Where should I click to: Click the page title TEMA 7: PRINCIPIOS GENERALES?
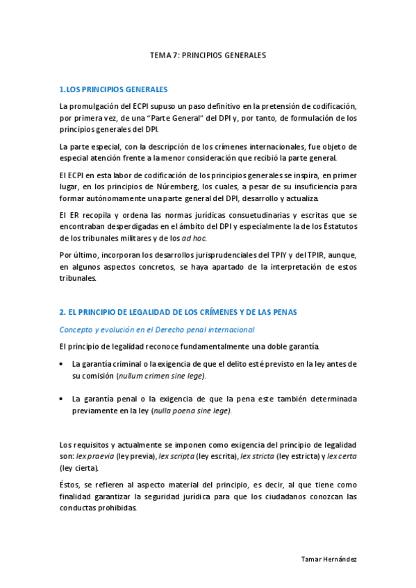point(208,54)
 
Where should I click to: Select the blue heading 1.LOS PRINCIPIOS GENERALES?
point(113,90)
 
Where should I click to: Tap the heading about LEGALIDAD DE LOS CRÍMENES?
point(178,313)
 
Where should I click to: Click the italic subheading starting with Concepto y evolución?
point(157,329)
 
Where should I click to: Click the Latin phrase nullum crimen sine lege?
point(162,375)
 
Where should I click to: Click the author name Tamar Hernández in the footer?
point(329,558)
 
